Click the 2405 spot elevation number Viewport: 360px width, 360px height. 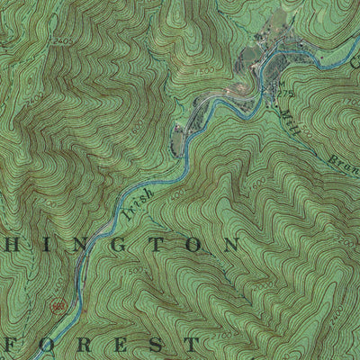pyautogui.click(x=61, y=41)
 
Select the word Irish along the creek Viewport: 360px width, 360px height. pyautogui.click(x=139, y=186)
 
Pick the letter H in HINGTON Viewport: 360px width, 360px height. pyautogui.click(x=11, y=246)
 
